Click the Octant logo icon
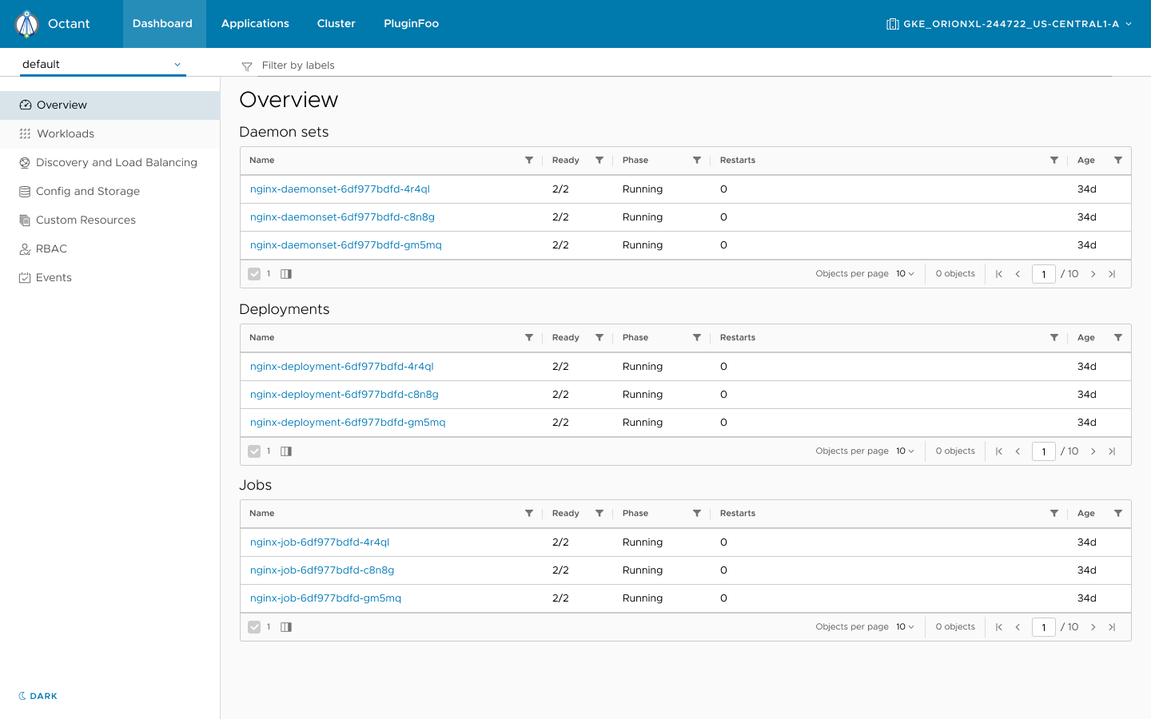[x=27, y=24]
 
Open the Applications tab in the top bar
[x=255, y=24]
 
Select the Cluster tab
[x=336, y=24]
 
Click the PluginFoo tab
[x=411, y=24]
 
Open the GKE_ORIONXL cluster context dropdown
[x=1010, y=24]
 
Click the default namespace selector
[x=102, y=65]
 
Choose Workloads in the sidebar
[x=66, y=134]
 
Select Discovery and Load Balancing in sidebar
[x=116, y=163]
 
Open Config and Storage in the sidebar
[x=87, y=192]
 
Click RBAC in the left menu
[x=51, y=249]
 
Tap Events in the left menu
[x=54, y=278]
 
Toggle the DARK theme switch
[x=38, y=696]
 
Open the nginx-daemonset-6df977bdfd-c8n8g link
[x=342, y=217]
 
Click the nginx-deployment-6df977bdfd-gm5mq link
[x=348, y=423]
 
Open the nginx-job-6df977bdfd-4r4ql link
[x=320, y=542]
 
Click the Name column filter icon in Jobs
[x=529, y=514]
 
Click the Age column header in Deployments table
[x=1085, y=338]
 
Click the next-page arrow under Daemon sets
[x=1093, y=274]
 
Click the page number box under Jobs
[x=1044, y=627]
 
